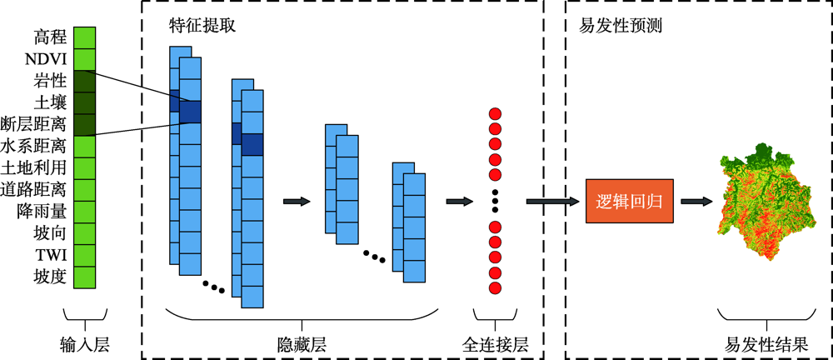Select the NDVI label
point(47,59)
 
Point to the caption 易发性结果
point(766,344)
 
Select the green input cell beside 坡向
point(85,232)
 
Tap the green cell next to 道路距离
point(85,189)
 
